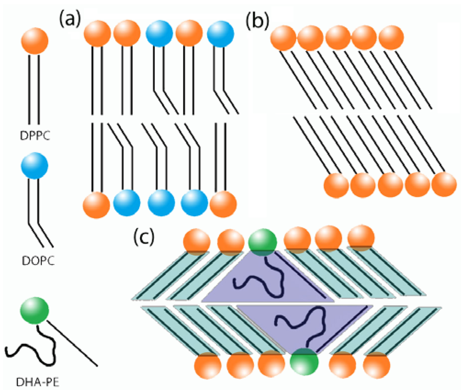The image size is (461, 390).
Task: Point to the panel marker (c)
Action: tap(145, 236)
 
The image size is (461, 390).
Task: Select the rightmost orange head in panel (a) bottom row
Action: tap(222, 205)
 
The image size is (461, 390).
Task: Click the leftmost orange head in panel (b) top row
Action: tap(284, 39)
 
